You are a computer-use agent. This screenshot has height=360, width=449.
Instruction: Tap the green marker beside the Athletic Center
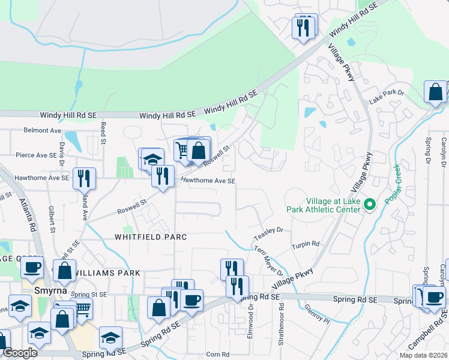(x=370, y=205)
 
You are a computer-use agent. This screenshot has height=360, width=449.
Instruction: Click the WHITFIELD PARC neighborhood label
(x=151, y=237)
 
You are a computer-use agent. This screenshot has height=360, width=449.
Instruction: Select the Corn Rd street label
(x=217, y=355)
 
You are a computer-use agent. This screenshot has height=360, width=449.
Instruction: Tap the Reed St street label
(x=104, y=133)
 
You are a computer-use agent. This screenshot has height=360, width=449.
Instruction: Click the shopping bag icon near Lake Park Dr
(x=435, y=92)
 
